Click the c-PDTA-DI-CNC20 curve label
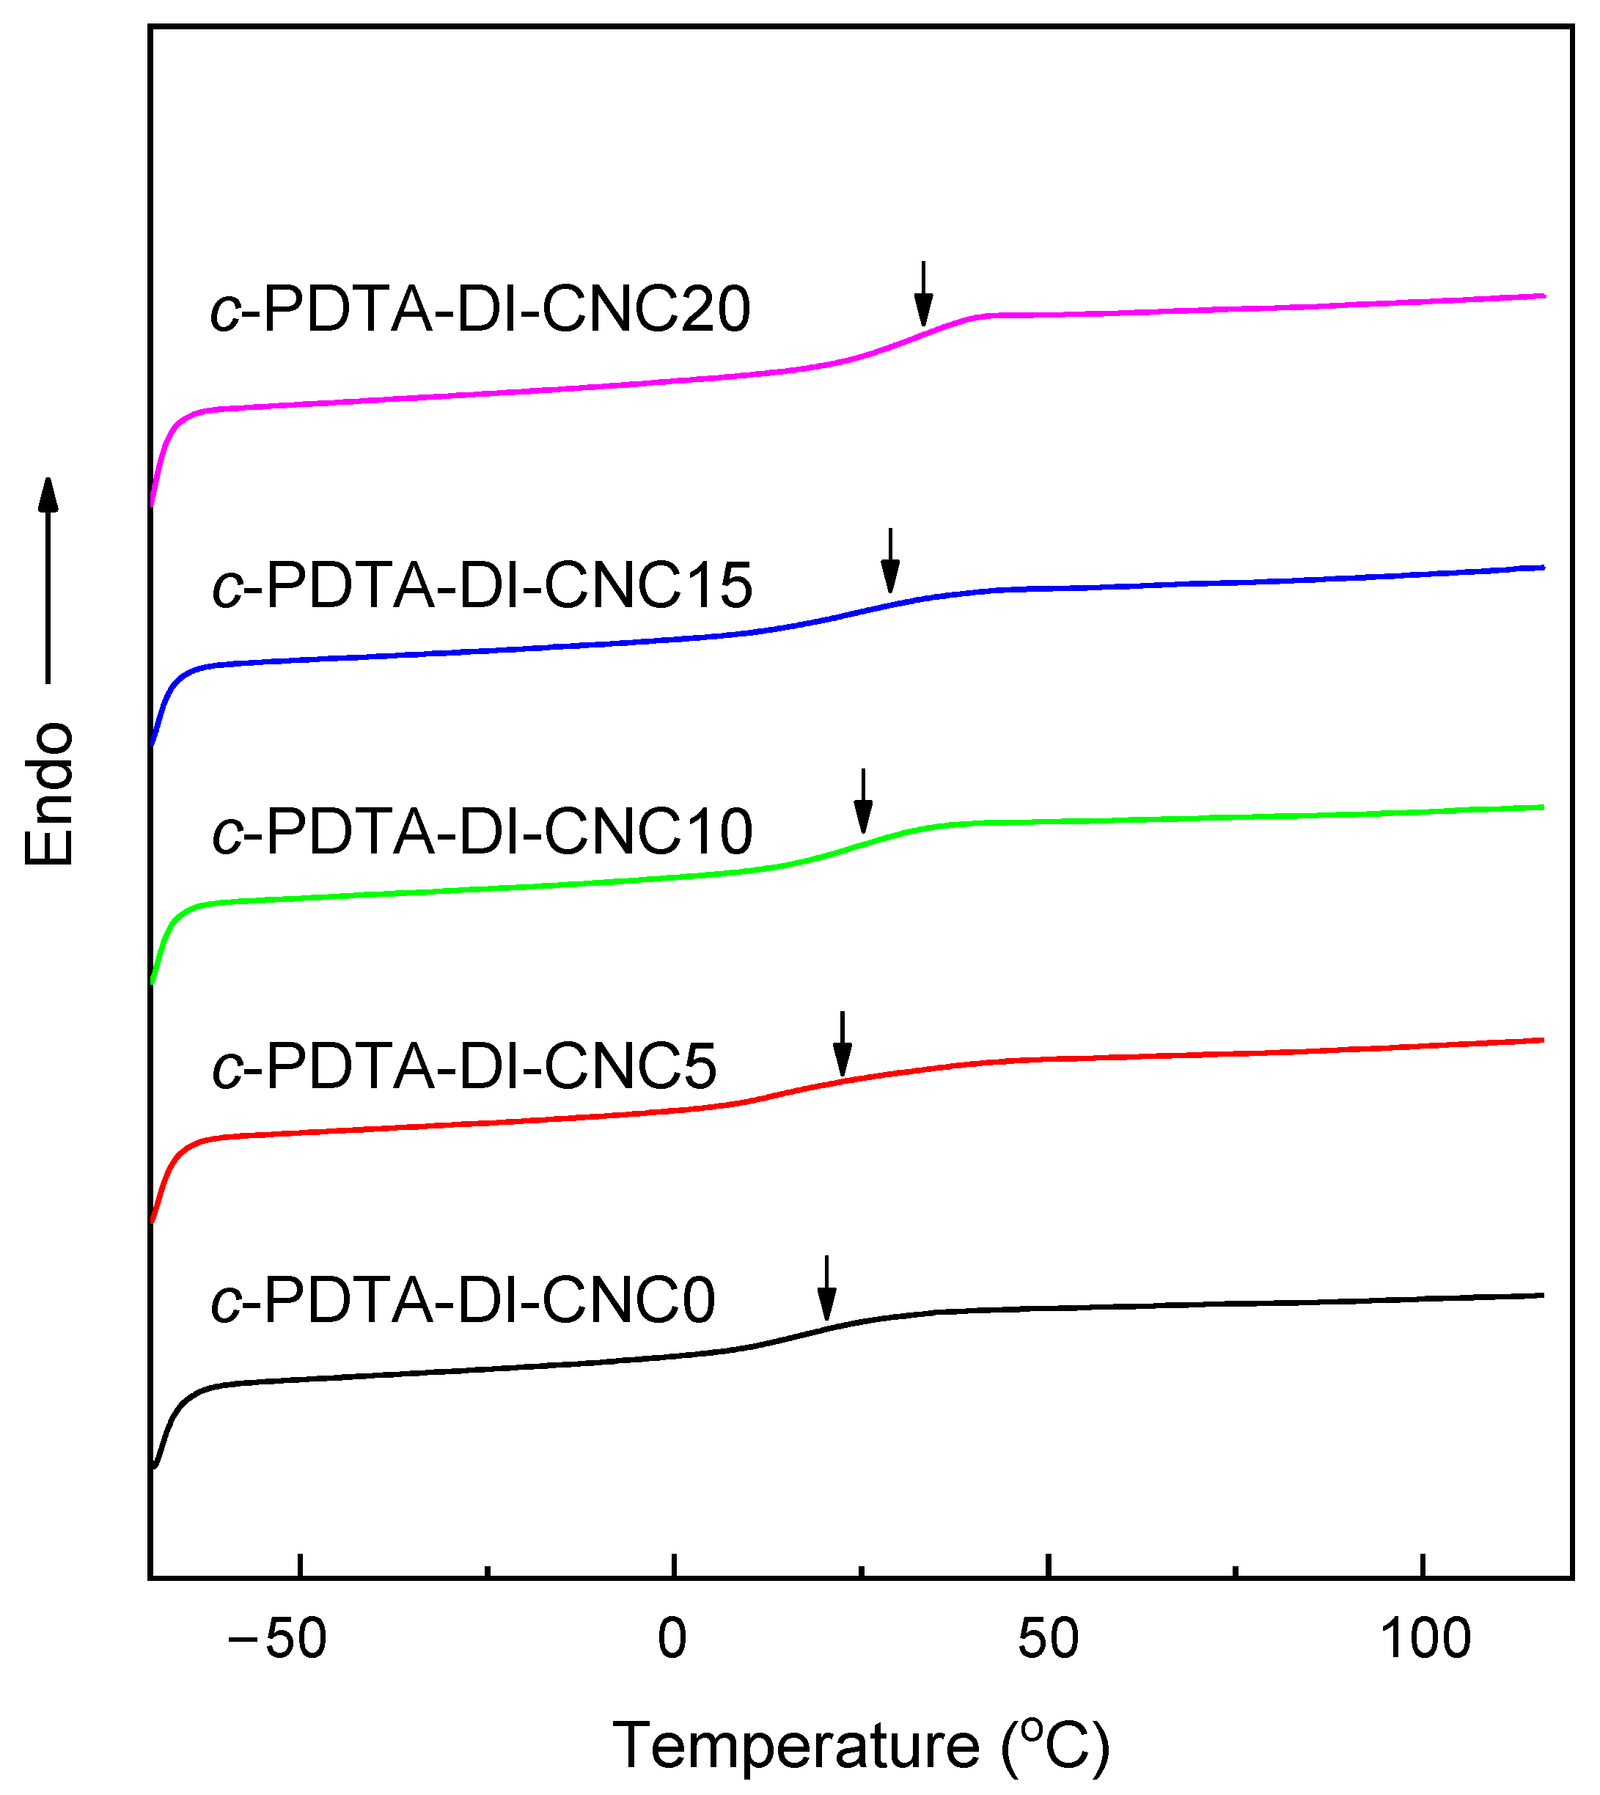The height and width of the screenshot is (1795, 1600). [480, 309]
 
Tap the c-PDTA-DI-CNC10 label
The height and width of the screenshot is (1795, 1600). [482, 832]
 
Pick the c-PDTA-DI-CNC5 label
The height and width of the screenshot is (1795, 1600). [464, 1067]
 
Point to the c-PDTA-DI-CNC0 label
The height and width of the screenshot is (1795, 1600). [463, 1301]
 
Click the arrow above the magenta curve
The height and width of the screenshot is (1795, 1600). [922, 293]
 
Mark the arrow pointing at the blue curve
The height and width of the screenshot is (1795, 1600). [890, 561]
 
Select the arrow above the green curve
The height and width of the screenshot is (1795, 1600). [863, 801]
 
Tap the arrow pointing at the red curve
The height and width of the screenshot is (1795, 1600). [843, 1043]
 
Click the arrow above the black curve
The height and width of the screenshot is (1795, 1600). [826, 1288]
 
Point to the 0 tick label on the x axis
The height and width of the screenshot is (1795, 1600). [672, 1640]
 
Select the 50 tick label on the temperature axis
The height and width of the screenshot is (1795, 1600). [1047, 1640]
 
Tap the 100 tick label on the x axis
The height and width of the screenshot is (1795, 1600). [1425, 1640]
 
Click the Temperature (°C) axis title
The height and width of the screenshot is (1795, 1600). [861, 1745]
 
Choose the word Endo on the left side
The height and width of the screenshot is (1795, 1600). [49, 795]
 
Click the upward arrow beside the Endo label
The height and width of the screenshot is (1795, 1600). [48, 580]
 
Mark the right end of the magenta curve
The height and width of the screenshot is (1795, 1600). [1543, 296]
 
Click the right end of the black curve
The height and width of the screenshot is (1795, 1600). [1543, 1295]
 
